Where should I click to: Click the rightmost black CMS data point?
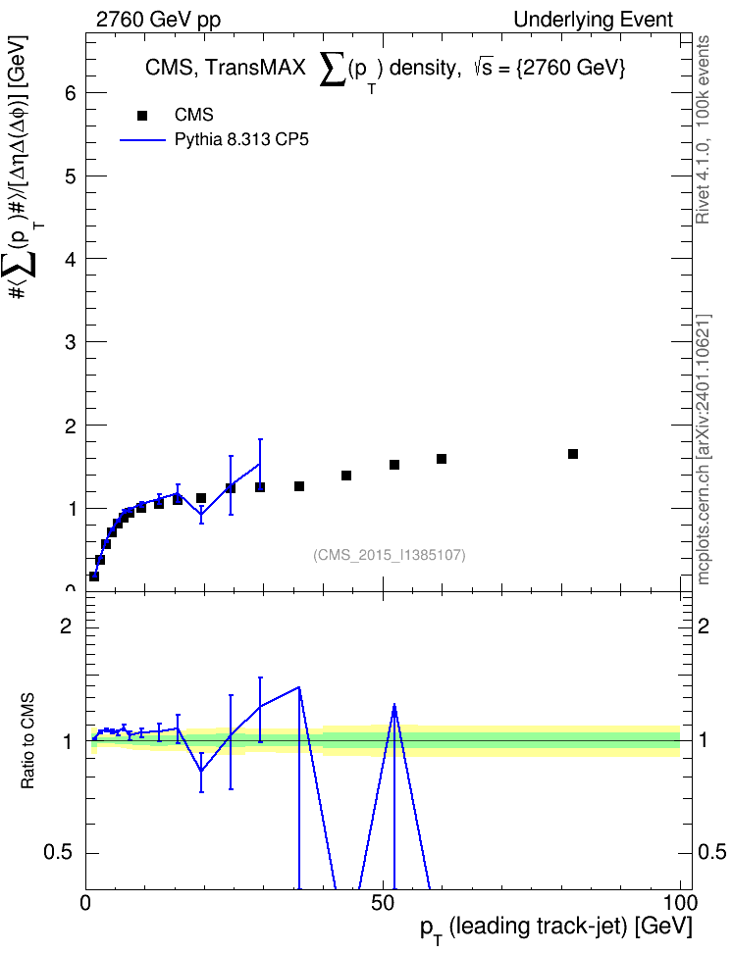pos(573,454)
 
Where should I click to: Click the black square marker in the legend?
pos(142,116)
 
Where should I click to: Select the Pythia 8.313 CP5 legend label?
pos(241,140)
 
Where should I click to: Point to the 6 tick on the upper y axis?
pos(72,92)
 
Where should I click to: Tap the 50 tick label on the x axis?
pos(383,903)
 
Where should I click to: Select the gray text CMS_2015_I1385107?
pos(390,555)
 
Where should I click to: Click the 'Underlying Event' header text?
pos(594,20)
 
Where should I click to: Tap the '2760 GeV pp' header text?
pos(158,20)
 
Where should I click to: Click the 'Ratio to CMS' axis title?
pos(27,740)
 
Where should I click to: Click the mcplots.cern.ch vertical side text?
pos(704,449)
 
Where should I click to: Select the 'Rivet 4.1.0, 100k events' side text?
pos(703,129)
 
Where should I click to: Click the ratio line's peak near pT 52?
pos(394,705)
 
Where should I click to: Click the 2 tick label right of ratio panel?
pos(704,626)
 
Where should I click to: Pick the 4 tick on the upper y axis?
pos(72,259)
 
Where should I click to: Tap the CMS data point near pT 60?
pos(442,459)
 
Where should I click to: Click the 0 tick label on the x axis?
pos(85,903)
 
